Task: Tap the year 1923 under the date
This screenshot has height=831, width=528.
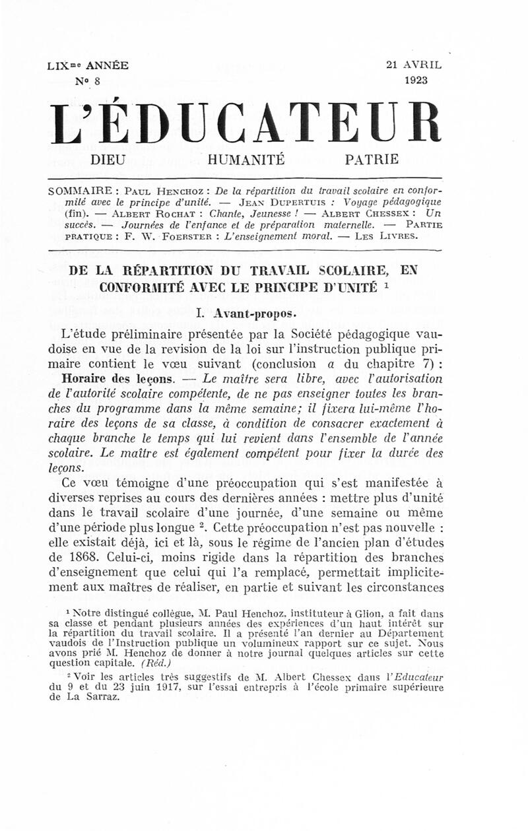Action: (414, 80)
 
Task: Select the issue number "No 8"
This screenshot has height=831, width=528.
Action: (88, 81)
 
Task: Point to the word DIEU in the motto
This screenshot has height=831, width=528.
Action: (107, 159)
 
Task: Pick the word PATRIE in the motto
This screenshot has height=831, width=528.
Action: (372, 159)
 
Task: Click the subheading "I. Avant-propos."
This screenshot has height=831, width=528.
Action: (246, 315)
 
